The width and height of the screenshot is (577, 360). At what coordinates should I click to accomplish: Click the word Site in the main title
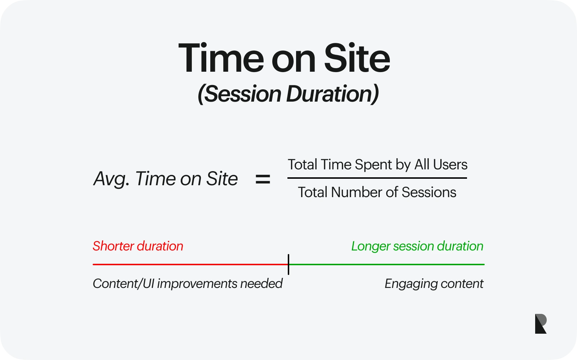click(x=357, y=58)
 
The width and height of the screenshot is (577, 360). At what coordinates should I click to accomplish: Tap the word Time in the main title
click(x=221, y=58)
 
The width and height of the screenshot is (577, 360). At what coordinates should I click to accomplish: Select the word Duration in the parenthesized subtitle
click(x=332, y=94)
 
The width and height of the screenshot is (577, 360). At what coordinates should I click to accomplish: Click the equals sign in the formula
click(x=263, y=179)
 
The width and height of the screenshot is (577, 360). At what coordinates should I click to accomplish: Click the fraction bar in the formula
click(x=377, y=178)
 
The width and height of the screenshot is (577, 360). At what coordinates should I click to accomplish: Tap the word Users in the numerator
click(x=450, y=165)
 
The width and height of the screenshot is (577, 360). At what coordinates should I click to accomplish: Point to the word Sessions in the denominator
click(x=429, y=192)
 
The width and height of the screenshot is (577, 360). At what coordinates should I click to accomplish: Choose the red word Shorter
click(x=113, y=246)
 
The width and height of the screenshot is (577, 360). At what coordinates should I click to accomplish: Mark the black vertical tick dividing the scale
click(x=288, y=265)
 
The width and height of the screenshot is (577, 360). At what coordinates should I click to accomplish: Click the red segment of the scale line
click(x=190, y=264)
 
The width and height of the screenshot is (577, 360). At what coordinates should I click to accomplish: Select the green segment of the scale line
click(x=387, y=264)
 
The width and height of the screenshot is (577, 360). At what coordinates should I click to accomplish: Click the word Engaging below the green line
click(x=411, y=284)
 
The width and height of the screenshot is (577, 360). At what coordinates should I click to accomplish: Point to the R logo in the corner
click(x=541, y=324)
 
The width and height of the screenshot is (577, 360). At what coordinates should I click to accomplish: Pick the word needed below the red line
click(x=261, y=284)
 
